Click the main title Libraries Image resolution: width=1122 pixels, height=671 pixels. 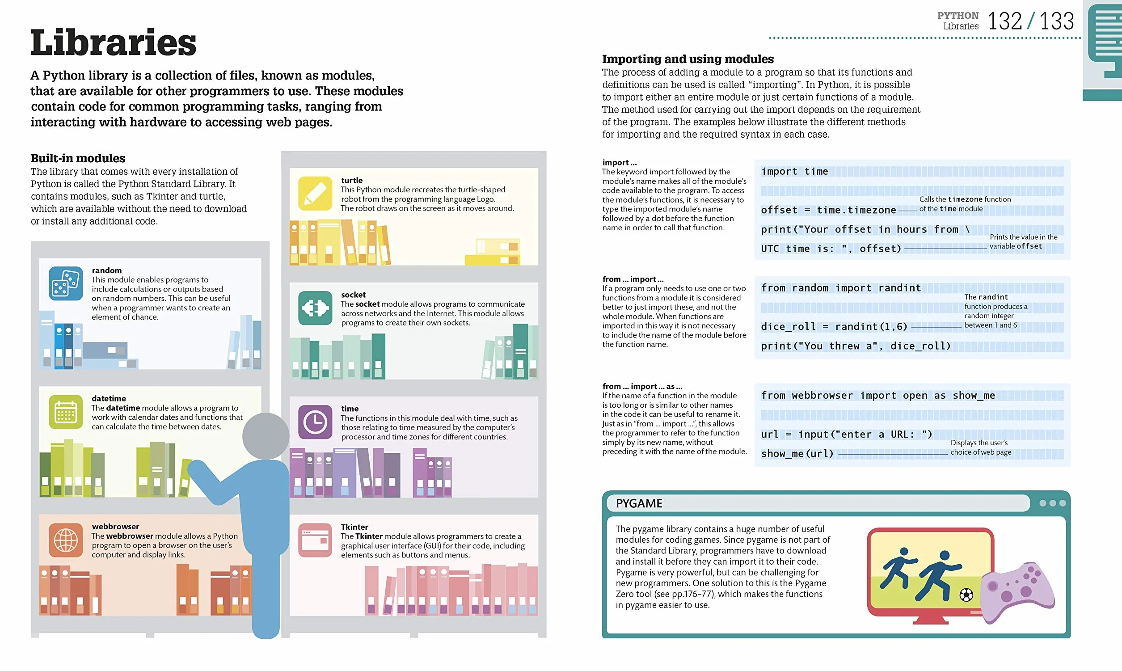113,42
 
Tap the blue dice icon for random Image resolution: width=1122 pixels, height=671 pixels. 66,283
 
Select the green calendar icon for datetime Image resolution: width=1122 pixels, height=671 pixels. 66,412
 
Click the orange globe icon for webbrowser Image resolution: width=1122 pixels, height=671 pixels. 66,540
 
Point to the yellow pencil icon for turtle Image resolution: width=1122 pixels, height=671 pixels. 315,194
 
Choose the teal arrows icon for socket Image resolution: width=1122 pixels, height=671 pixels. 315,308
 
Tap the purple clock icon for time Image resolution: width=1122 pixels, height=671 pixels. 315,422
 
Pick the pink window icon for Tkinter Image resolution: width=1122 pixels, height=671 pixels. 315,540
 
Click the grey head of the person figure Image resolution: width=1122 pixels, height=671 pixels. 266,436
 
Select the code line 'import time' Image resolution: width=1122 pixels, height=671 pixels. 794,171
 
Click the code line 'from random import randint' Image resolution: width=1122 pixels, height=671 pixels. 841,288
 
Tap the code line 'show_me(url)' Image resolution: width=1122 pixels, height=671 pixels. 797,453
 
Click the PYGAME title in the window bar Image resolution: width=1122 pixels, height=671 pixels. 639,503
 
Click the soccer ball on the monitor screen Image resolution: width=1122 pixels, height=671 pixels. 966,595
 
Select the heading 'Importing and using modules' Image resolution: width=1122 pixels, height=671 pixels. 688,59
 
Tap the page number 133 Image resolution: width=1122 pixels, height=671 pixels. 1056,21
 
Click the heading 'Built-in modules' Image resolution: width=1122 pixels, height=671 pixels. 78,158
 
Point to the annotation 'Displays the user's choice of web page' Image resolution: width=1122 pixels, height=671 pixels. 980,447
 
